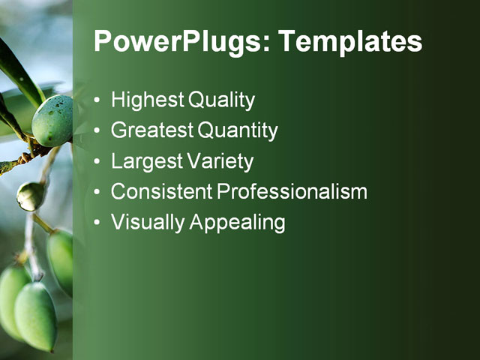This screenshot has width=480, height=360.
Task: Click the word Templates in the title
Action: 350,42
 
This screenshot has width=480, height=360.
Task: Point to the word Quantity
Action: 238,131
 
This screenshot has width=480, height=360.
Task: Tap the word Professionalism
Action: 292,192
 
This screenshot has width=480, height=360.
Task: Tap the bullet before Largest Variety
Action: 98,162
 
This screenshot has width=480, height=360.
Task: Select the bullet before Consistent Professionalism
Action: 98,193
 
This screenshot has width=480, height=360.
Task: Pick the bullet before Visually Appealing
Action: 98,223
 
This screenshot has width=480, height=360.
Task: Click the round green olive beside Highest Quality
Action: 53,120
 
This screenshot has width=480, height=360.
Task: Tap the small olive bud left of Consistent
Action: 30,196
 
